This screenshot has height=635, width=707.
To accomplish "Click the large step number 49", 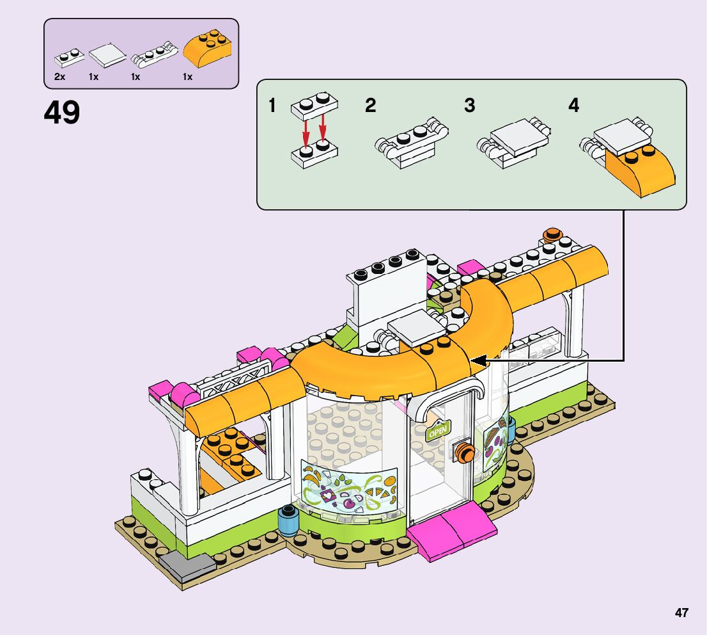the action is (x=62, y=113).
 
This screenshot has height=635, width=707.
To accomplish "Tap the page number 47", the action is (x=681, y=613).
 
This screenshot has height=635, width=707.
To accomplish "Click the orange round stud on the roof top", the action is (x=552, y=235).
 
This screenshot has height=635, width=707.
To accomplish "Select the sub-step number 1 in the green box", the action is (x=272, y=106).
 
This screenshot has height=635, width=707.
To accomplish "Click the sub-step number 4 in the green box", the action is (x=573, y=106).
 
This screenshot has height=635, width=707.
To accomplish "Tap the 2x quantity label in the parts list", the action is (x=59, y=77).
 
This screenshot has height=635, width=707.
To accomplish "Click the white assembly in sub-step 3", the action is (x=514, y=143).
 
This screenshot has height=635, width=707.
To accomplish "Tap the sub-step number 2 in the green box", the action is (x=371, y=106).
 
